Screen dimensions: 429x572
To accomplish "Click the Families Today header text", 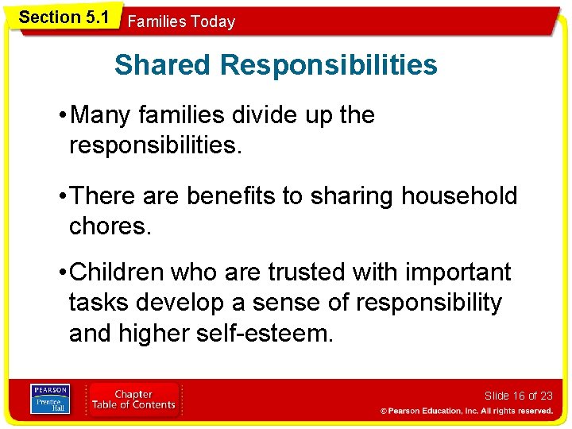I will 181,22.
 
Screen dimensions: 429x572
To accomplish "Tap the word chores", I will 110,226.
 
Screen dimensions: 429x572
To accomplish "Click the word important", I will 457,272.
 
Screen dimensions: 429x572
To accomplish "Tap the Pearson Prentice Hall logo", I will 50,399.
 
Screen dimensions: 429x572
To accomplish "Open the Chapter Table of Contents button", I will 133,400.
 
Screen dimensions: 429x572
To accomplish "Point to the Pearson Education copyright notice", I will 466,411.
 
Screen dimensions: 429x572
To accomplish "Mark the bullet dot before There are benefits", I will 63,196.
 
